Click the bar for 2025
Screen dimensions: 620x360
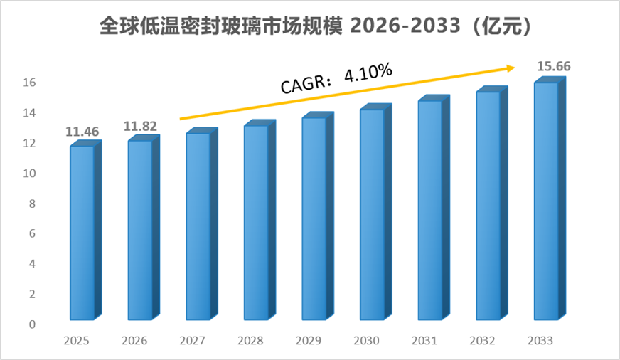tap(86, 231)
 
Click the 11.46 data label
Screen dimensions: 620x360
tap(82, 132)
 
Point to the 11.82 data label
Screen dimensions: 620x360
tap(140, 126)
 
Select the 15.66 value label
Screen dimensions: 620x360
tap(554, 66)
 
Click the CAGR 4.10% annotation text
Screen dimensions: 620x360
tap(336, 78)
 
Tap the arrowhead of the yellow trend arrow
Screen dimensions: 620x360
tap(511, 68)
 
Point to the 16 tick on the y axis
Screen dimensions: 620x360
tap(29, 83)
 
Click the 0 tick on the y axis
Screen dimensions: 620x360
tap(32, 324)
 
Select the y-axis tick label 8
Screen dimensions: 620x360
tap(32, 203)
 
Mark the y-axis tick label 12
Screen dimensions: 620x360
tap(29, 143)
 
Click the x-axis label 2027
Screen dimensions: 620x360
tap(192, 341)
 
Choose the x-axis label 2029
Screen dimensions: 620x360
tap(309, 341)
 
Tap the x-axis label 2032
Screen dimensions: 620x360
tap(482, 341)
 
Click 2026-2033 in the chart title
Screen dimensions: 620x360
tap(406, 26)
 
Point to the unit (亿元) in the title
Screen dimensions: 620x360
tap(501, 26)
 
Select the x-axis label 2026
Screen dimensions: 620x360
tap(134, 341)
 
